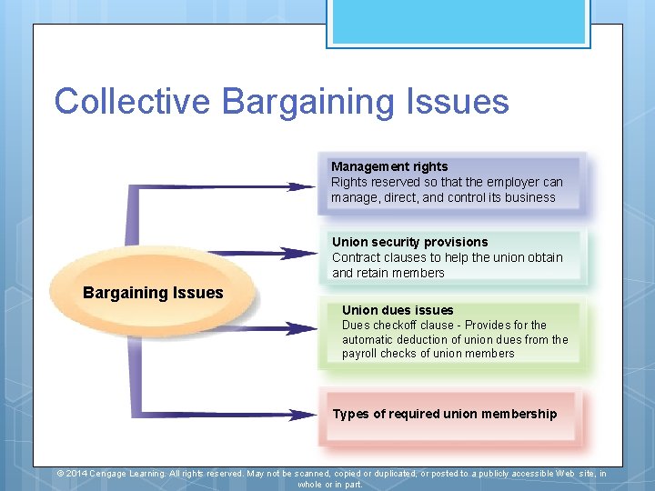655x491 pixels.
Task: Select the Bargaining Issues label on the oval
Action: [153, 293]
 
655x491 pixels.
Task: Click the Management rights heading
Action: [389, 166]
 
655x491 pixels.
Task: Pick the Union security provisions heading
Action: [409, 242]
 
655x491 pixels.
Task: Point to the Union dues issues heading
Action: [398, 310]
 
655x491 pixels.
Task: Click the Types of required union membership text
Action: [444, 414]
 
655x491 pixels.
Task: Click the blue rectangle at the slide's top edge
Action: [458, 23]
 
